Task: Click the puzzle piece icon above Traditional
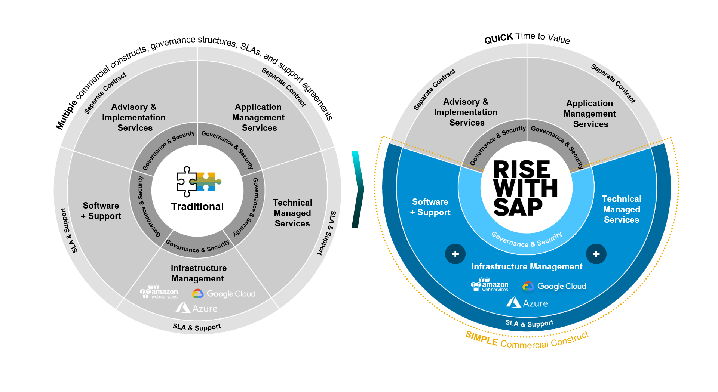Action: [198, 182]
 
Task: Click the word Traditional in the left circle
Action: [197, 207]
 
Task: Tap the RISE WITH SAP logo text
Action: [524, 188]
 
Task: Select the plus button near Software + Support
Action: [455, 254]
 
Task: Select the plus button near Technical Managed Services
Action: [596, 254]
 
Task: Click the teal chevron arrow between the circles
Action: [358, 189]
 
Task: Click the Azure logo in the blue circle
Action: [527, 303]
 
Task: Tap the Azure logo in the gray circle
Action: [197, 308]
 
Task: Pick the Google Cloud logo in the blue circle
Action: [554, 286]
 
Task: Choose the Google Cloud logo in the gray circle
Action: [224, 294]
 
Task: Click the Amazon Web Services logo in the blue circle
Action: [490, 285]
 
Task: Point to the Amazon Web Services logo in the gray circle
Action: [159, 292]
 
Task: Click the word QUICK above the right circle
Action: [498, 38]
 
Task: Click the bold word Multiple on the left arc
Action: [66, 114]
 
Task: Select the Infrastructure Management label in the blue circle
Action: [527, 266]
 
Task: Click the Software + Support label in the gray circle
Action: [101, 211]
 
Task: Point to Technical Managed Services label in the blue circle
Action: [622, 209]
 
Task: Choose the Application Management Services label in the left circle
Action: [258, 117]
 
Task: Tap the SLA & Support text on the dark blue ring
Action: [529, 323]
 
